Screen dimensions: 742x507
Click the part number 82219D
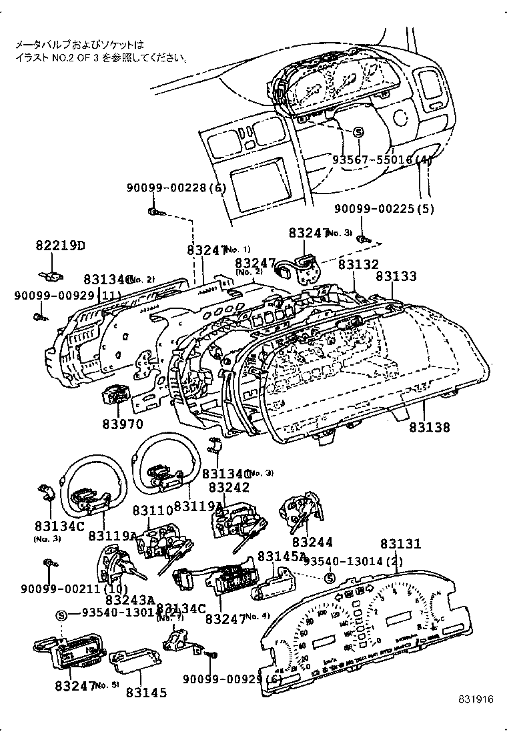point(60,246)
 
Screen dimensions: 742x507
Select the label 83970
point(123,424)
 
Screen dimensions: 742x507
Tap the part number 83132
point(358,264)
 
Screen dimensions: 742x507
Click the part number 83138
point(429,428)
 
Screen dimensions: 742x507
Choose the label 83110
point(152,510)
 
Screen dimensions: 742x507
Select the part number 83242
point(229,488)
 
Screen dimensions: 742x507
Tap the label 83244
point(312,543)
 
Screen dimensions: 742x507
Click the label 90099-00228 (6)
point(177,188)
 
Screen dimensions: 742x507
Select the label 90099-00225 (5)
point(384,209)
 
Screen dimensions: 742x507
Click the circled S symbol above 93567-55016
point(358,132)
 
